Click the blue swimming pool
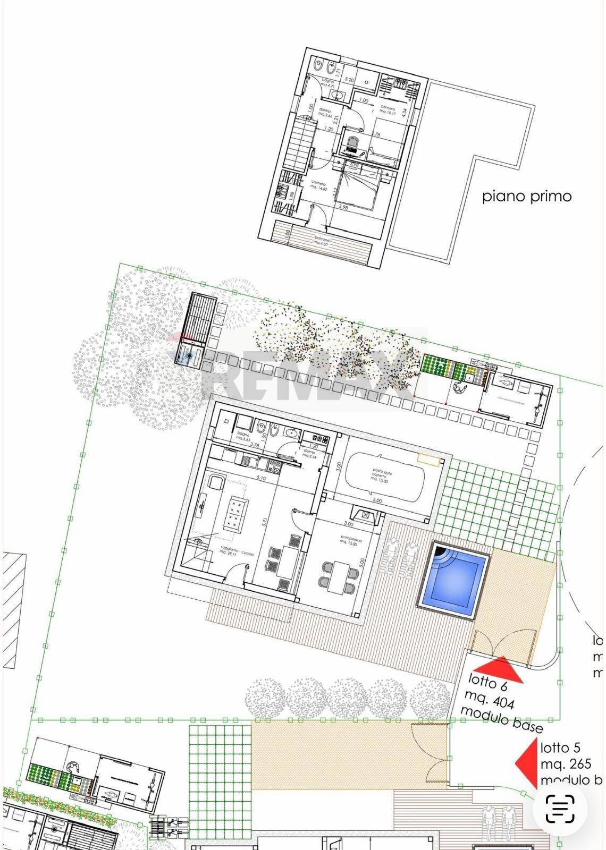coord(453,580)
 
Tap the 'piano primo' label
coord(527,197)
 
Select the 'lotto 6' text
coord(487,683)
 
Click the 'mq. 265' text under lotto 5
coord(566,764)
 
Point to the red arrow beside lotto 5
coord(527,762)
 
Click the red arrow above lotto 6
coord(499,670)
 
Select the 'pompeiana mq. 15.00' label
coord(351,541)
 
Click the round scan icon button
coord(560,809)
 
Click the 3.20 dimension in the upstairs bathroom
coord(349,79)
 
